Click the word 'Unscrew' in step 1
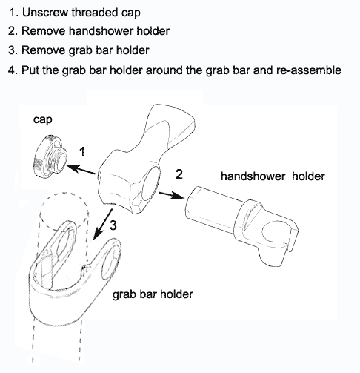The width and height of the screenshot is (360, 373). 45,13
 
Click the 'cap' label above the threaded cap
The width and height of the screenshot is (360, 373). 43,120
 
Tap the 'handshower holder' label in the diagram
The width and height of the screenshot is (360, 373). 273,176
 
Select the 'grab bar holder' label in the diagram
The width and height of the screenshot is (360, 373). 153,294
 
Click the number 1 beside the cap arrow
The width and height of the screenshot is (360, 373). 82,151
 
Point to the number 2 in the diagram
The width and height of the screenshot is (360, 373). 179,174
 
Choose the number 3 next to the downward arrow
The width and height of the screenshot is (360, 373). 113,225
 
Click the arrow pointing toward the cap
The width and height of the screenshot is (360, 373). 81,170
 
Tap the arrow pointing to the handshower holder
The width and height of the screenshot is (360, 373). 171,195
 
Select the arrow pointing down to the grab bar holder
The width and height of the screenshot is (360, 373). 102,225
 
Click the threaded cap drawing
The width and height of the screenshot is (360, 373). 50,157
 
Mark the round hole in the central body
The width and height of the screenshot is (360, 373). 150,183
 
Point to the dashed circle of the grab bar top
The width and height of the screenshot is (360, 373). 64,210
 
